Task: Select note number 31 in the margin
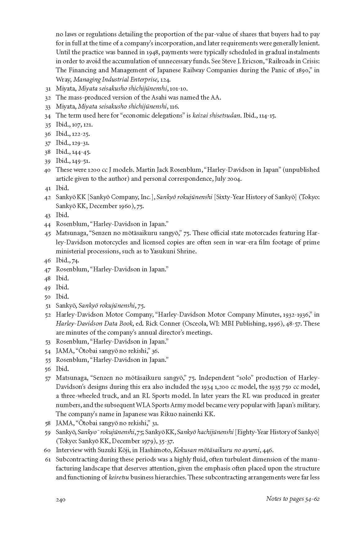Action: click(48, 89)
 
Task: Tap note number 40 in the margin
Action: click(47, 170)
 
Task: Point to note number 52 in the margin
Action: click(48, 315)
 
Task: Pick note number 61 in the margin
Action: click(48, 460)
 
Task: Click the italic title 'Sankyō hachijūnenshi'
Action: click(205, 432)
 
